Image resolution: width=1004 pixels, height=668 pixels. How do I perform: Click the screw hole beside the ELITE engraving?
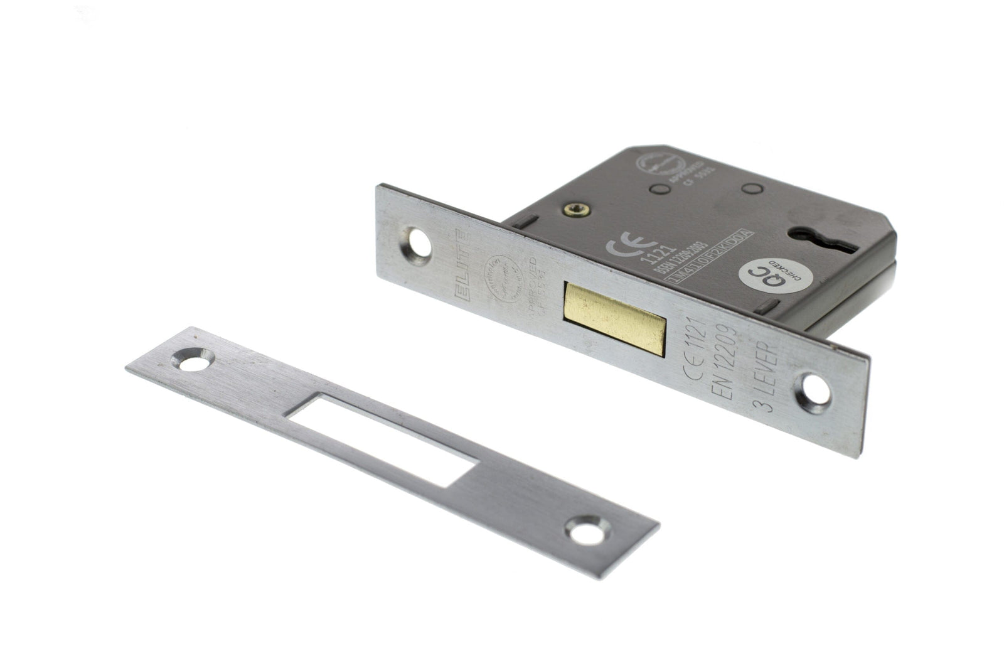(420, 242)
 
